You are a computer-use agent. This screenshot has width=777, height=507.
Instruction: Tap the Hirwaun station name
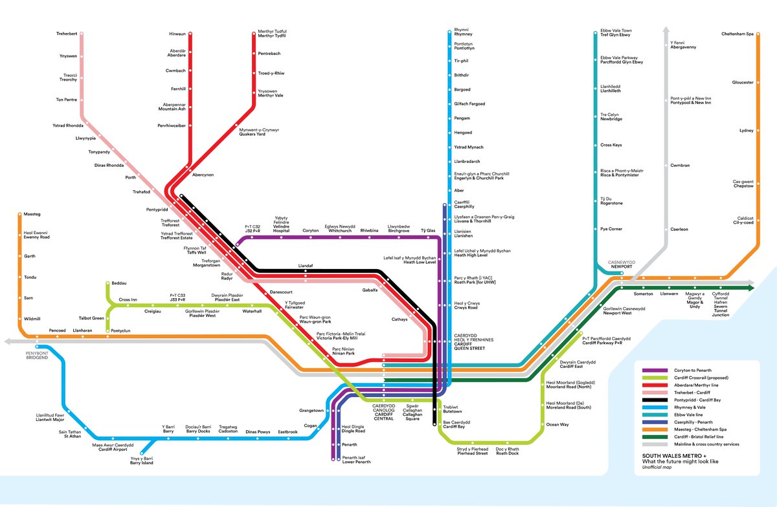tap(177, 33)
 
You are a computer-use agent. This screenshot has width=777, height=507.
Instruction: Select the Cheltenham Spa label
tap(738, 34)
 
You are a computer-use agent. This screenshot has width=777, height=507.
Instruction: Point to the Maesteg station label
tap(32, 213)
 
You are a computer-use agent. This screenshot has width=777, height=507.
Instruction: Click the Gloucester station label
tap(743, 82)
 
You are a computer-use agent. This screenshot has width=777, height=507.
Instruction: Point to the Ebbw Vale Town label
tap(616, 32)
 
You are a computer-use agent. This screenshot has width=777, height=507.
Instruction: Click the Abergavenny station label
tap(683, 45)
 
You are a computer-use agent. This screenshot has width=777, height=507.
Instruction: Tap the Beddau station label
tap(118, 283)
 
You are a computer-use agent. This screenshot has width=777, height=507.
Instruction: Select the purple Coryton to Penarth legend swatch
tap(653, 371)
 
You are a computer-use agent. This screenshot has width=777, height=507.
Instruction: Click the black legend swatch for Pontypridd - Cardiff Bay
tap(653, 400)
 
